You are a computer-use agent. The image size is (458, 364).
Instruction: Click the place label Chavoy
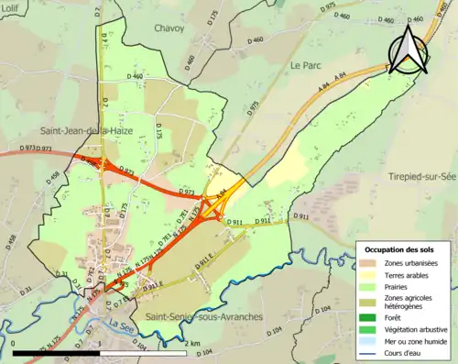[169, 28]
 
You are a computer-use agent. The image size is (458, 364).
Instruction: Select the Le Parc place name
[307, 65]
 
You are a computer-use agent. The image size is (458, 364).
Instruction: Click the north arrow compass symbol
[408, 48]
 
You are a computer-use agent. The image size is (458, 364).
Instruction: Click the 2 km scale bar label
[191, 343]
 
